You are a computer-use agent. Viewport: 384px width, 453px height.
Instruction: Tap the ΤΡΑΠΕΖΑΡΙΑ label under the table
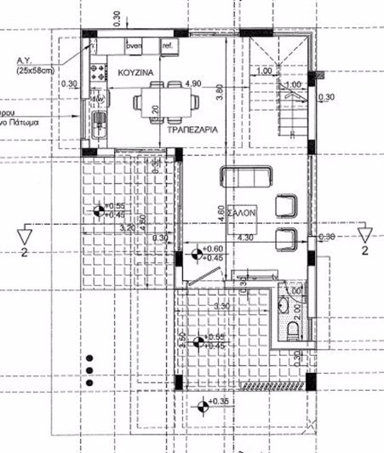click(189, 132)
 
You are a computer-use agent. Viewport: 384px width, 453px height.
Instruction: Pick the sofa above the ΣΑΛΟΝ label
click(245, 177)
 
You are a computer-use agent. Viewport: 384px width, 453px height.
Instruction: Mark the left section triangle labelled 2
click(27, 233)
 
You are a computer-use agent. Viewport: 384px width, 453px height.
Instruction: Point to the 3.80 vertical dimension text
click(219, 92)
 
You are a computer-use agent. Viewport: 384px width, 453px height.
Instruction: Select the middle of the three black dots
click(89, 369)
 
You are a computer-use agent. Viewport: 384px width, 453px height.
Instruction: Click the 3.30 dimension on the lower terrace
click(223, 305)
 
